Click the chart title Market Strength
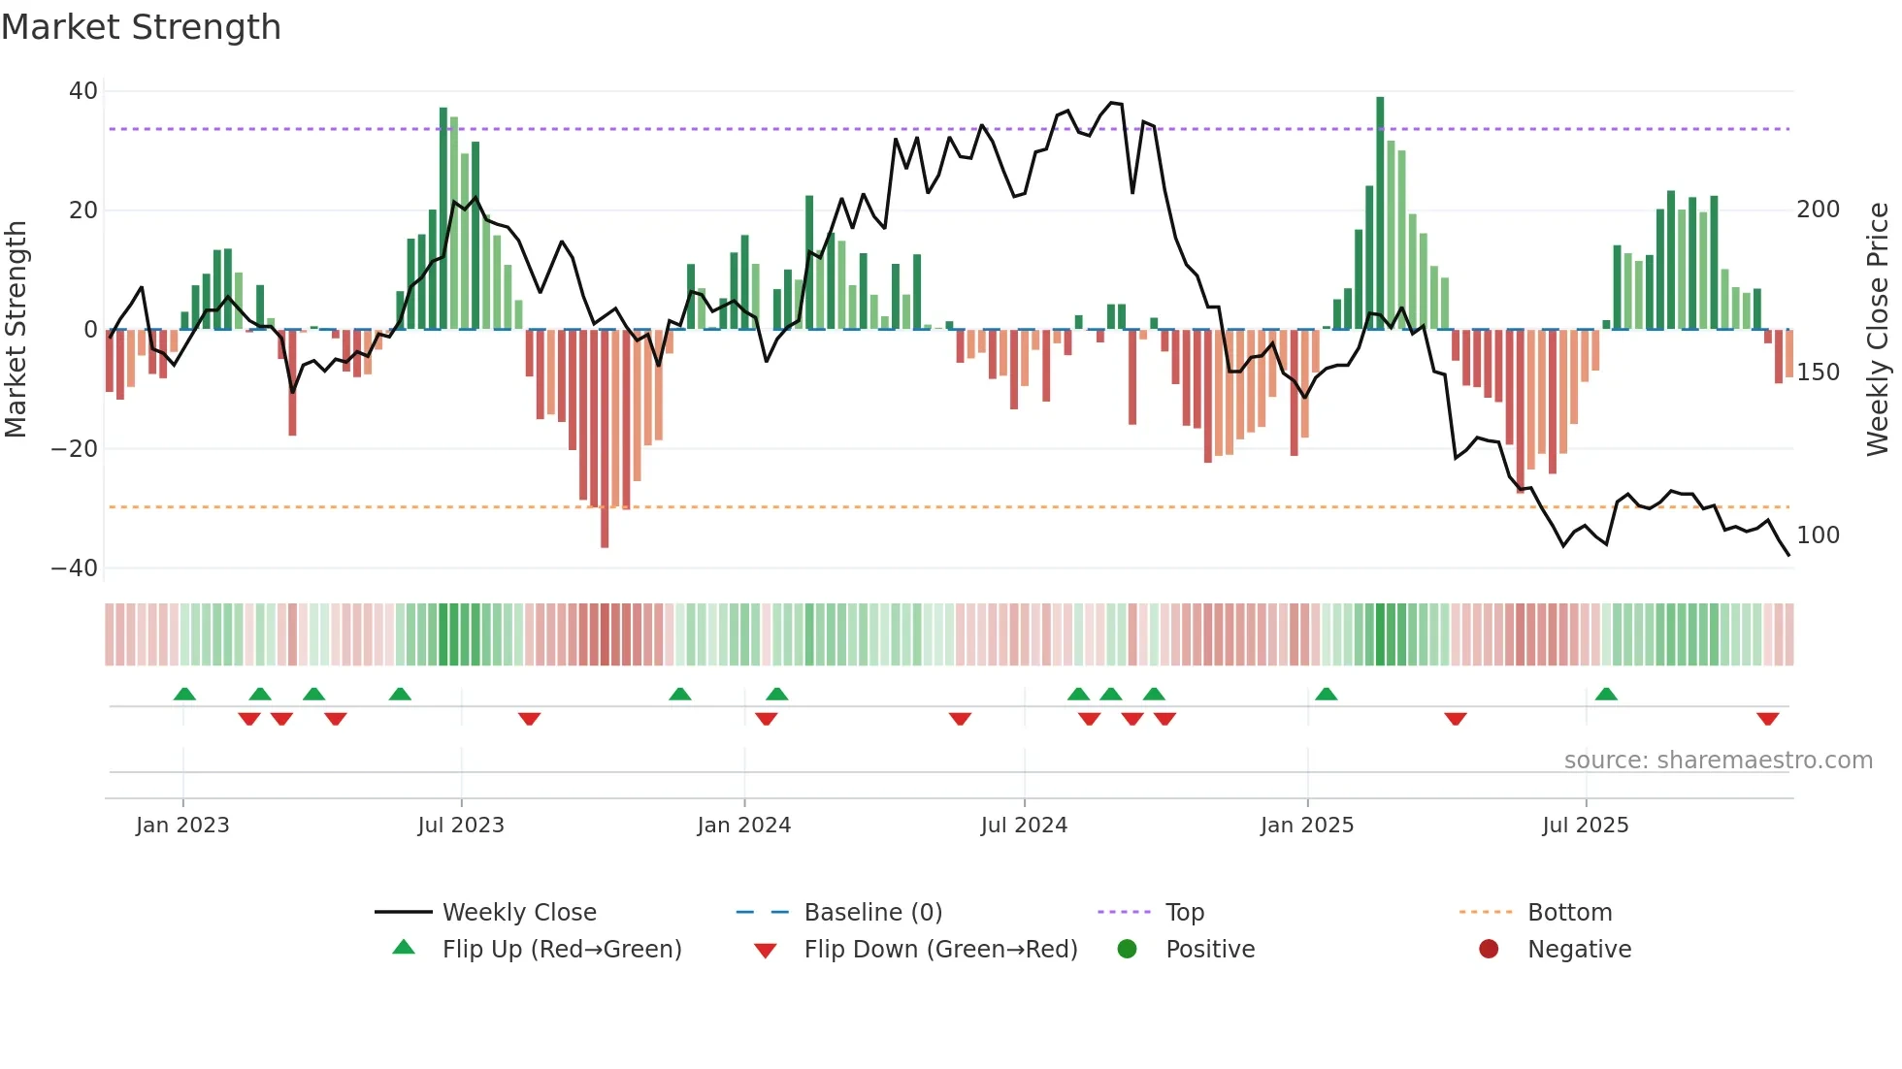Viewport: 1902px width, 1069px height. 141,27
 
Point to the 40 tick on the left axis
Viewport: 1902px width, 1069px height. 83,91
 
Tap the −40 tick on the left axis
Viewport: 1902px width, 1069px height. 75,568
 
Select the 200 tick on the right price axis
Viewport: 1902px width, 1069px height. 1818,210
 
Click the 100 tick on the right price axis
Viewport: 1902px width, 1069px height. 1818,535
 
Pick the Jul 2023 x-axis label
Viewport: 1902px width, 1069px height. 461,826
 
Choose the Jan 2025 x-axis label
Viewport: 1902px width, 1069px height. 1306,826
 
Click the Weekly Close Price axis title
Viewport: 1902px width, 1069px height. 1878,330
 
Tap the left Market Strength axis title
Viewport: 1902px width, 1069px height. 16,330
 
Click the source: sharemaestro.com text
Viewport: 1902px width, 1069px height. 1718,761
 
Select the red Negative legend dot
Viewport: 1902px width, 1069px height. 1489,950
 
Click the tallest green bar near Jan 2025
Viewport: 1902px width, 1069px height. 1380,213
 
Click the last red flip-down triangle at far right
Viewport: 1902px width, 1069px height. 1767,719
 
